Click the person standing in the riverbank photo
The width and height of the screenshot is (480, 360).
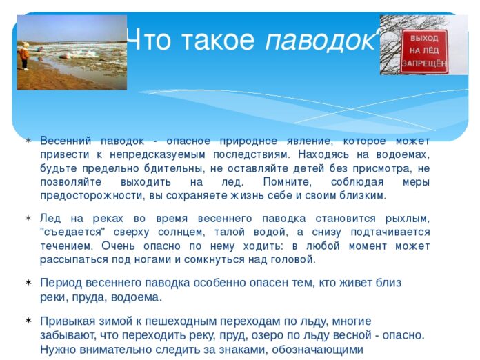click(25, 56)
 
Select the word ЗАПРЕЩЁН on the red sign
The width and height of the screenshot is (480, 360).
click(424, 61)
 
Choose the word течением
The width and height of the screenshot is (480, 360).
click(68, 246)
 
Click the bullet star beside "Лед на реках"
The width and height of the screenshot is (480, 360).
click(28, 218)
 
